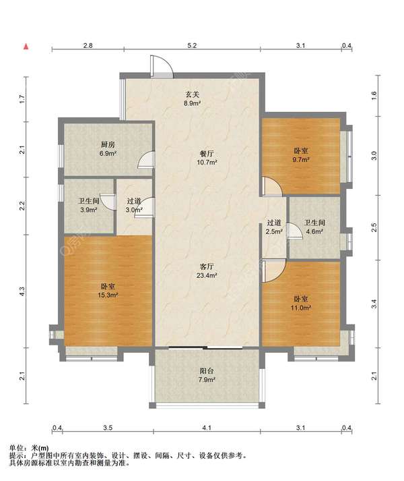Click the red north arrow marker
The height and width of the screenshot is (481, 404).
pyautogui.click(x=26, y=47)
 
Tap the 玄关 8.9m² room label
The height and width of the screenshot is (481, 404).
pyautogui.click(x=193, y=98)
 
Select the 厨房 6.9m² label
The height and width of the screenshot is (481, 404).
pyautogui.click(x=108, y=149)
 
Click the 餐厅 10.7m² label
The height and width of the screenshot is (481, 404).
pyautogui.click(x=207, y=158)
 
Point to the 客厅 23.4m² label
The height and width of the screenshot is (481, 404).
pyautogui.click(x=207, y=271)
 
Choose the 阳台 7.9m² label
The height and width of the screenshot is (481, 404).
pyautogui.click(x=207, y=375)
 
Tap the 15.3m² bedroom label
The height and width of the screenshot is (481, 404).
pyautogui.click(x=108, y=291)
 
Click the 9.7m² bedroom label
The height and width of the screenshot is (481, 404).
pyautogui.click(x=301, y=155)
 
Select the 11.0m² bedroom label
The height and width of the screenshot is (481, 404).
pyautogui.click(x=301, y=303)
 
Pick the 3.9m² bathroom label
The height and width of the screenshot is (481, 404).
pyautogui.click(x=89, y=206)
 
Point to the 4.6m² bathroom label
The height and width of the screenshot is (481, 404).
pyautogui.click(x=314, y=227)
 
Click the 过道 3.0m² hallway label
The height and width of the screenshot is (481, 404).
pyautogui.click(x=134, y=206)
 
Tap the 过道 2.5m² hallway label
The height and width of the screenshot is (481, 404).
pyautogui.click(x=274, y=227)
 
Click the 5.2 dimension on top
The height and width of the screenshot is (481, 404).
pyautogui.click(x=192, y=46)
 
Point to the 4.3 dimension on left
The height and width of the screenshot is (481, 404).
pyautogui.click(x=22, y=291)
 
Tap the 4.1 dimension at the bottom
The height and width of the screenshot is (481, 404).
pyautogui.click(x=207, y=427)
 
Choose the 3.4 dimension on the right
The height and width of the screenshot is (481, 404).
pyautogui.click(x=374, y=304)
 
